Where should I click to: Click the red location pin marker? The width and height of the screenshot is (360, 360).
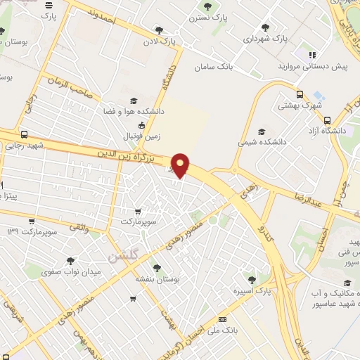pos(181,165)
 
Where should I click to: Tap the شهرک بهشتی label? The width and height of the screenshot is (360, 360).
pos(299,106)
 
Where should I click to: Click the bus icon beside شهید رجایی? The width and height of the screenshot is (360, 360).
pos(25,134)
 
